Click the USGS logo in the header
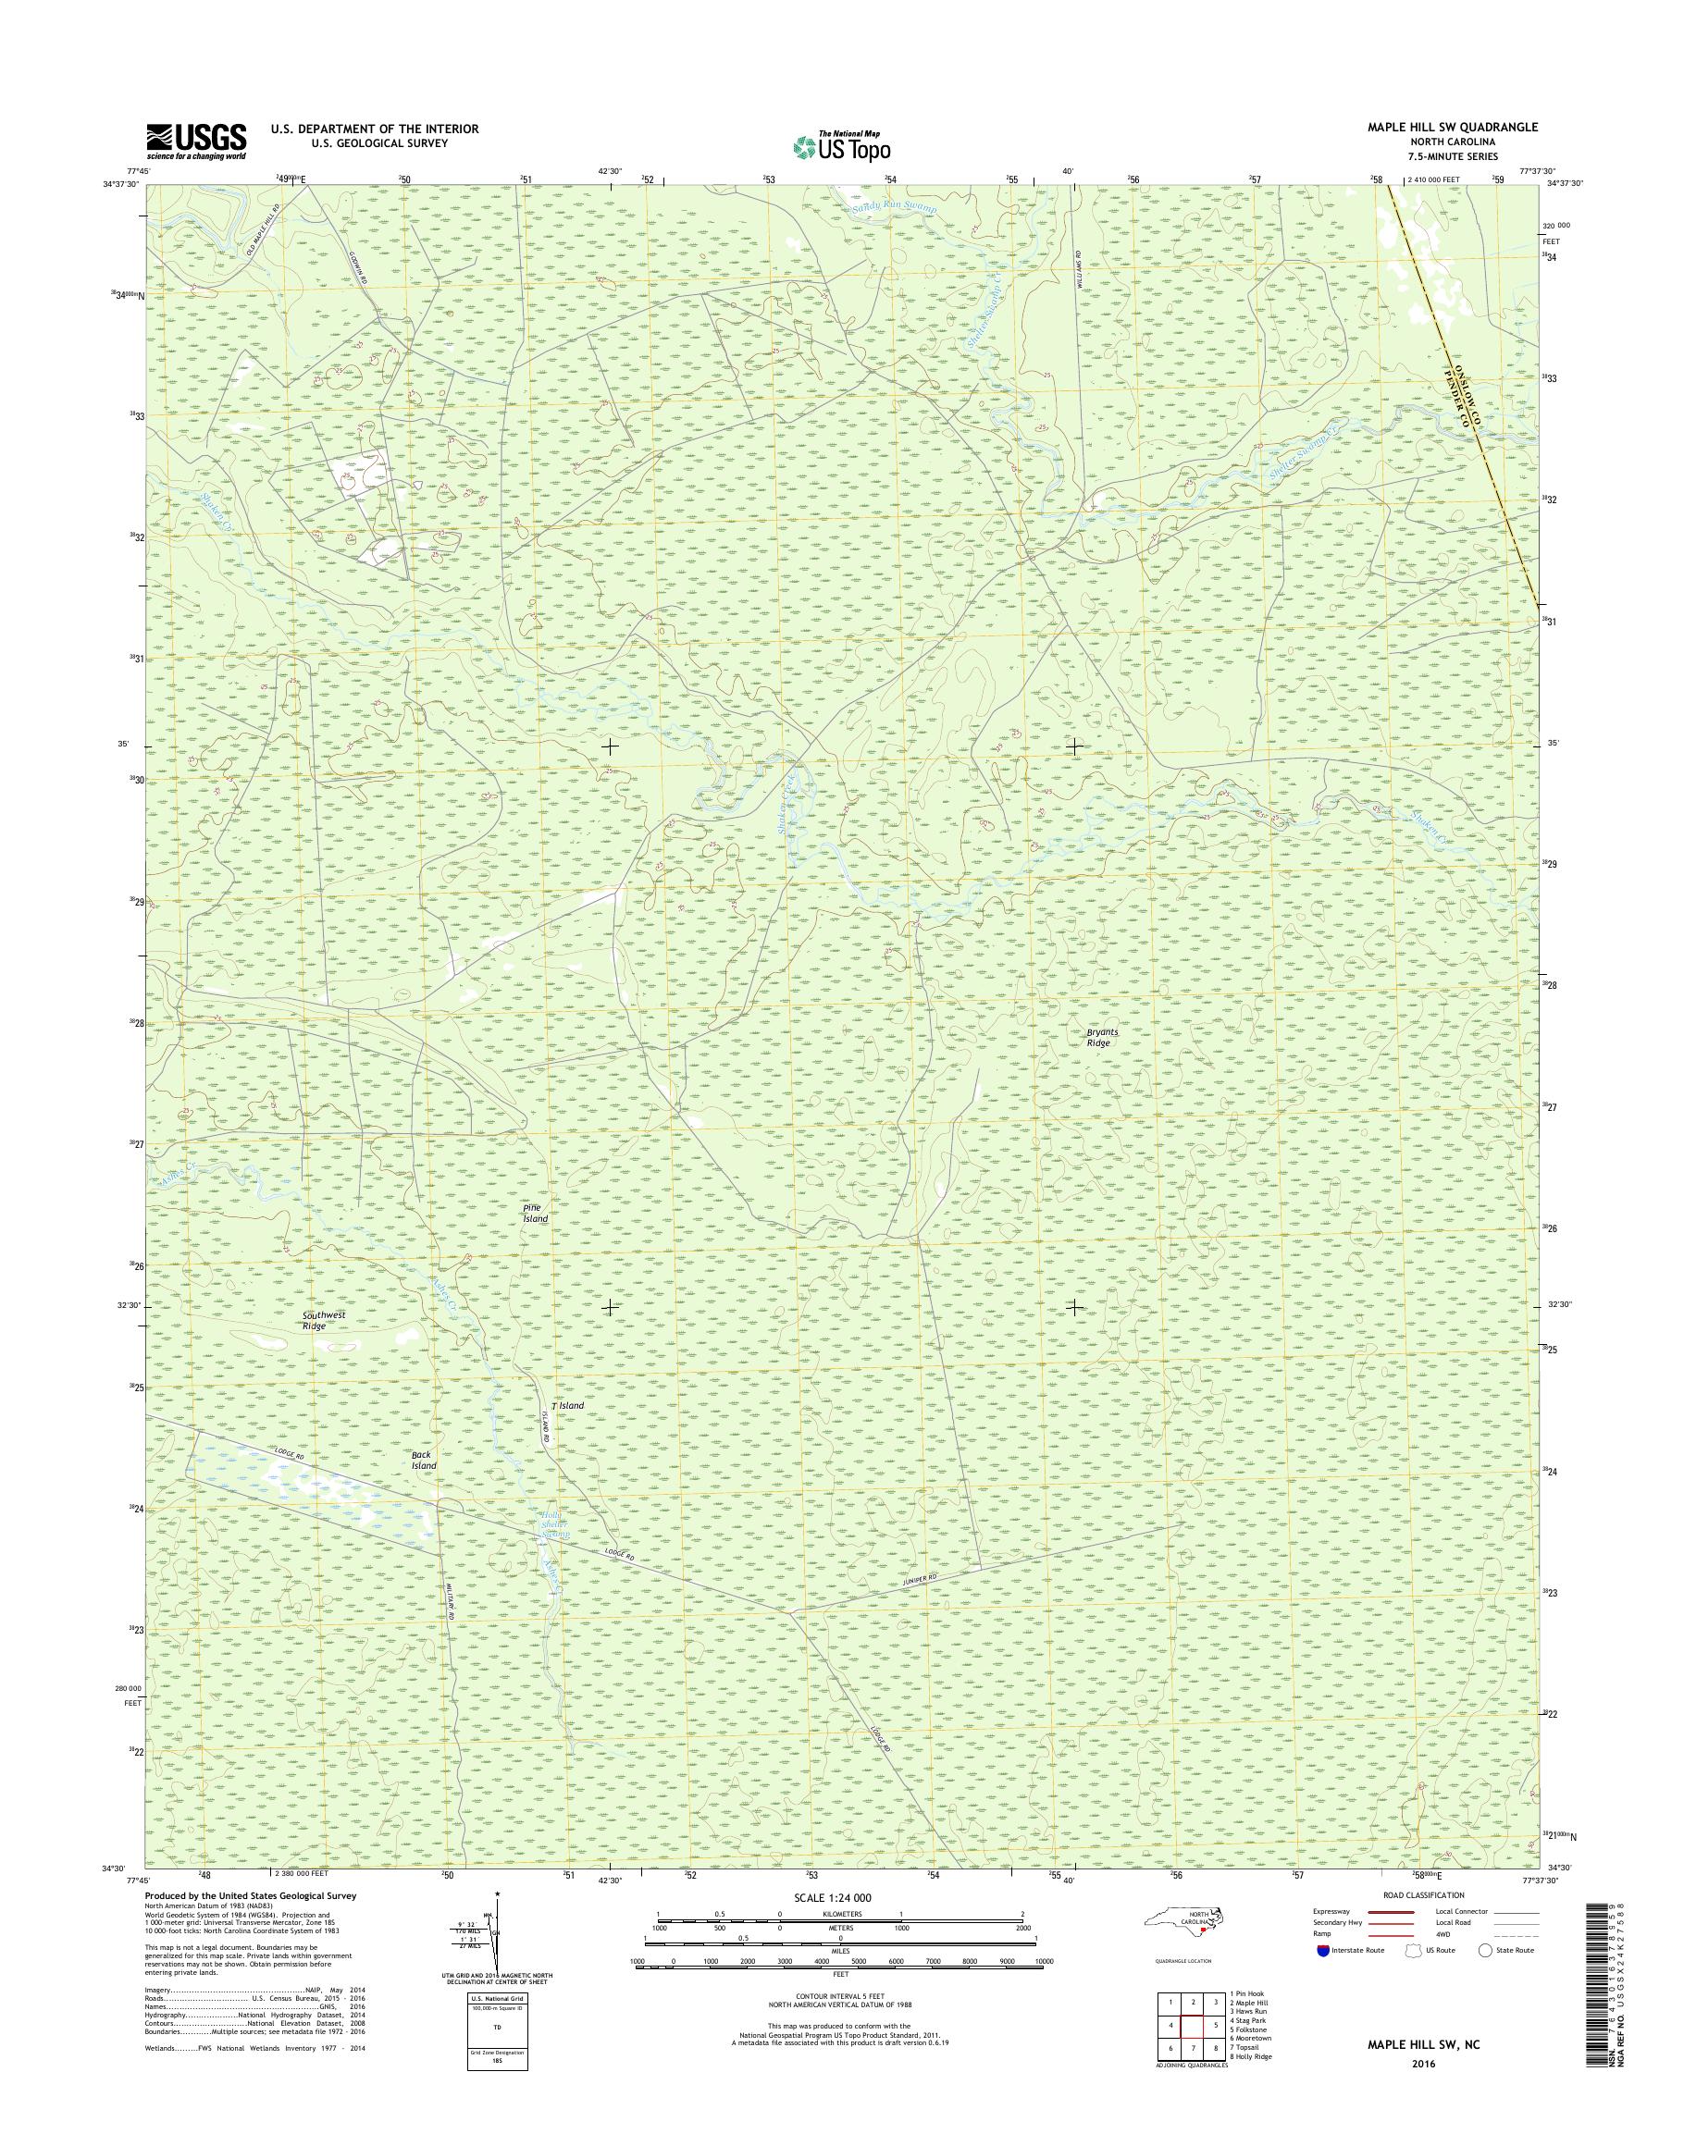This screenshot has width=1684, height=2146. [196, 141]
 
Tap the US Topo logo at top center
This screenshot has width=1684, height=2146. [841, 147]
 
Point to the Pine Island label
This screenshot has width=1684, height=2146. [536, 1213]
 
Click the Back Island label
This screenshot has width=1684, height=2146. [423, 1460]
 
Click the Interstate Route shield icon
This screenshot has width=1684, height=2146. [1321, 1950]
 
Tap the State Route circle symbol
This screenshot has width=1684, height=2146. [1485, 1950]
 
